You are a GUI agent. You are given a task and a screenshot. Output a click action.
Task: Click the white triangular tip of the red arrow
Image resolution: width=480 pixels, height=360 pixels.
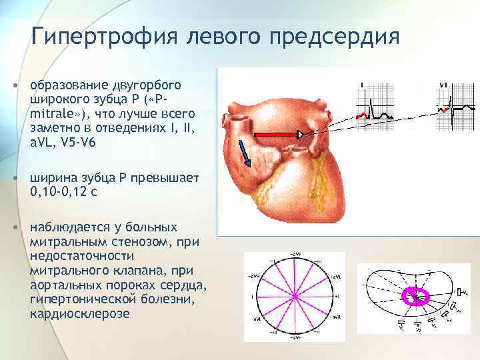pos(301,135)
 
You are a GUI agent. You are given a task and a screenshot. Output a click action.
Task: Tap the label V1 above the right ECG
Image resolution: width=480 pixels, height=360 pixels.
pos(444,85)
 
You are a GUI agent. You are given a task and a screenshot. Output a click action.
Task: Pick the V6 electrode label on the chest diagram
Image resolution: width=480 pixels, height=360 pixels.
pos(465,291)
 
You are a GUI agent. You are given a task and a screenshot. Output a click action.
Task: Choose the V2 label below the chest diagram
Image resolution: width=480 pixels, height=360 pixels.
pos(417,331)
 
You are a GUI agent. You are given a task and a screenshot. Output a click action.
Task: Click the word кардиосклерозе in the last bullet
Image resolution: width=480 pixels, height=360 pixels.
pos(80,313)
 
